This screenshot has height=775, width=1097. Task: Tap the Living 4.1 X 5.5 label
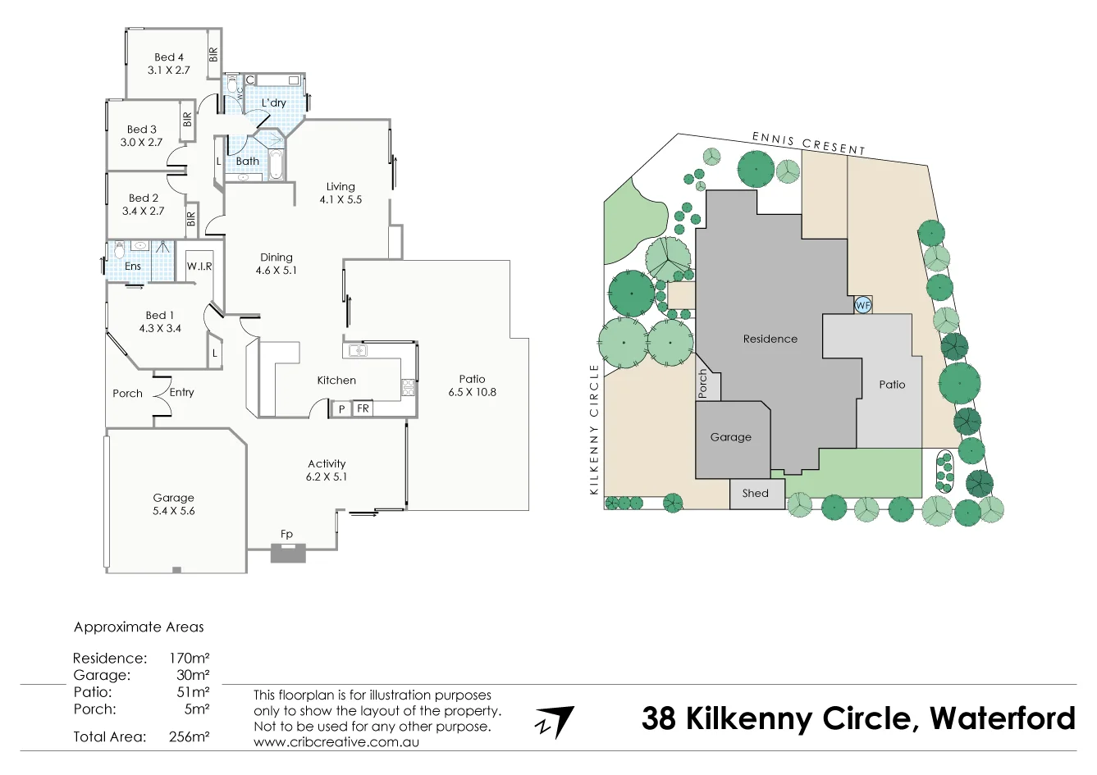(341, 193)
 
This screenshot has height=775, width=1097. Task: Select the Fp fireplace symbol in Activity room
(287, 553)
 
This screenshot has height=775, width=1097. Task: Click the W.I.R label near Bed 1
(199, 267)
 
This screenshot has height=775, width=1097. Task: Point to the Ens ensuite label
(133, 267)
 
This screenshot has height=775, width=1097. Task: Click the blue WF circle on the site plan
(862, 305)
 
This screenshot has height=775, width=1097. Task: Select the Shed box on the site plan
(756, 494)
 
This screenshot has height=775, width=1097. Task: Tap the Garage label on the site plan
(730, 437)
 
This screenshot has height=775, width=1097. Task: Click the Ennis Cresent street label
(808, 144)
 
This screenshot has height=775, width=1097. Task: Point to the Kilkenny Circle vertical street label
(594, 429)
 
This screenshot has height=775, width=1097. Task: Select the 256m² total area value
(189, 736)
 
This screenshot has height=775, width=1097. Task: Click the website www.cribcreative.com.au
(336, 741)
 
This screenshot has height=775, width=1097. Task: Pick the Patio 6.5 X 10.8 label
(472, 385)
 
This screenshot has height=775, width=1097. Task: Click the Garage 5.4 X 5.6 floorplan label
(174, 504)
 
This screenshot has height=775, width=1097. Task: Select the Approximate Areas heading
(139, 627)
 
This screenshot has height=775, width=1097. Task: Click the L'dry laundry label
(274, 103)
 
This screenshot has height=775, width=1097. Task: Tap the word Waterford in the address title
(1002, 719)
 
